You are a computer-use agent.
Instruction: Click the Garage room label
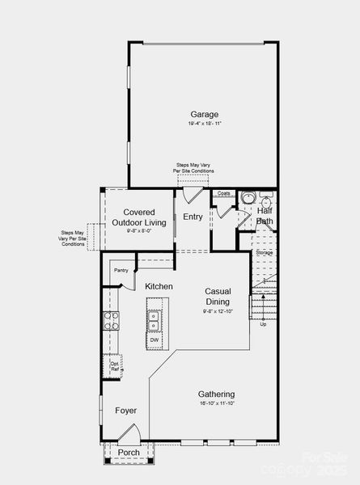point(204,114)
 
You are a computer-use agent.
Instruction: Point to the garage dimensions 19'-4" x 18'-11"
point(204,124)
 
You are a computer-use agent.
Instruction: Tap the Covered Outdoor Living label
point(145,217)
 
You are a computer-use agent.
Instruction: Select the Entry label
point(193,217)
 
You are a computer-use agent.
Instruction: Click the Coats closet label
point(224,194)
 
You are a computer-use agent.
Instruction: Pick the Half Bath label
point(265,216)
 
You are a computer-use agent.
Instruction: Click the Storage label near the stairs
point(265,253)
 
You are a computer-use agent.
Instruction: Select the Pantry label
point(121,270)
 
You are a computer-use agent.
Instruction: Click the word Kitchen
point(159,287)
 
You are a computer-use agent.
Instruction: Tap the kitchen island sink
point(154,320)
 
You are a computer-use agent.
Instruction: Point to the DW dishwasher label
point(154,340)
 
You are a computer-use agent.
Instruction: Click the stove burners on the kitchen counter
point(110,321)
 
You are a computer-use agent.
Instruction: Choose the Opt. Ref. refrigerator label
point(115,365)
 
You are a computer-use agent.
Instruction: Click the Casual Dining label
point(218,297)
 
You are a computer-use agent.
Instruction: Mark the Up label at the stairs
point(263,324)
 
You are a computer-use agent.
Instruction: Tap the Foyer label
point(125,411)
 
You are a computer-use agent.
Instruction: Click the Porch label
point(129,452)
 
